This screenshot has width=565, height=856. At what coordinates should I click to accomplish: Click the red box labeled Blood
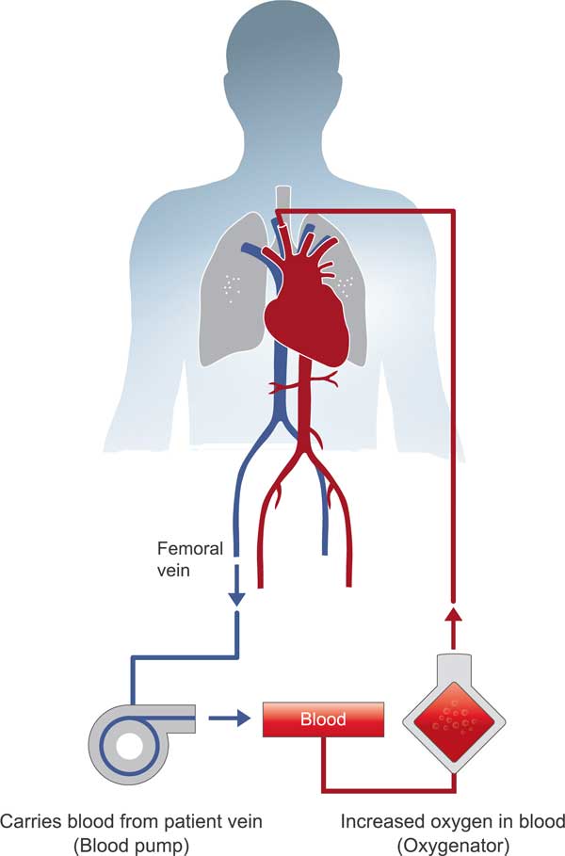(322, 719)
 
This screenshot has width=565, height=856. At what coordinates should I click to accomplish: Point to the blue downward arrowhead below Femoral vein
(236, 597)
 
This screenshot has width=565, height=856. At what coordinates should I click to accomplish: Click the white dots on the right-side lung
(346, 281)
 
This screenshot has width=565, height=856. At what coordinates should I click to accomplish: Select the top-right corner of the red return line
(455, 212)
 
